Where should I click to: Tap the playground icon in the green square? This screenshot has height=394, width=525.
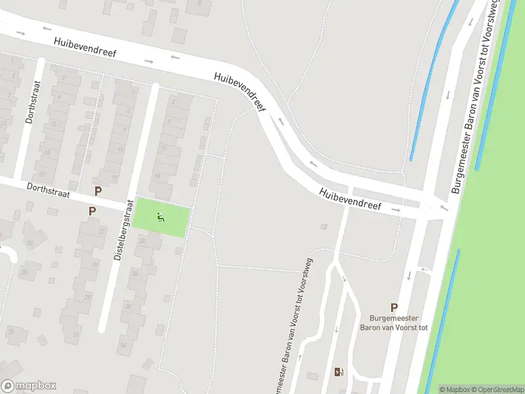pos(161,217)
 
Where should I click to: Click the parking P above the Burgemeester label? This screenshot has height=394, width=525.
pos(394,307)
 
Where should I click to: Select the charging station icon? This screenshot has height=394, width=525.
pos(339,372)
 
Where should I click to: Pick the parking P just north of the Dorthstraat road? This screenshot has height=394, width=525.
pos(98,192)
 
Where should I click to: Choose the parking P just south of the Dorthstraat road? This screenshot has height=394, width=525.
pos(92,211)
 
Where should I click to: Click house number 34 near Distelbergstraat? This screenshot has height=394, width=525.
pos(122,345)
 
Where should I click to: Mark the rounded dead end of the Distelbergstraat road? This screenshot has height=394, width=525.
pos(103,328)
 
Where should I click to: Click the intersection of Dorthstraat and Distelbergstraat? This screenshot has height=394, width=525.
pos(129,205)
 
